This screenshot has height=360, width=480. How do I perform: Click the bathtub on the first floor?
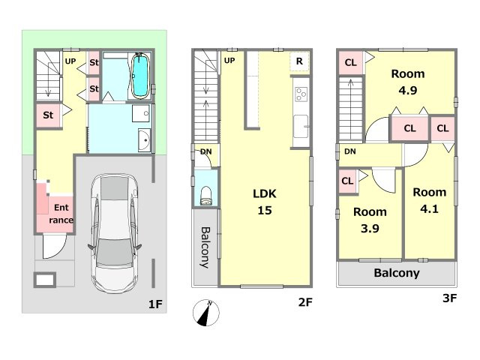coord(140,76)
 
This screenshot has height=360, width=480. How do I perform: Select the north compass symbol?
coord(206,313)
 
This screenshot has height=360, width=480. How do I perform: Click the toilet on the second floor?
coord(206,195)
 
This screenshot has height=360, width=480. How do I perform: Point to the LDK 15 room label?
coord(265,202)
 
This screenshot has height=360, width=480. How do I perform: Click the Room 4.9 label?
coord(408,82)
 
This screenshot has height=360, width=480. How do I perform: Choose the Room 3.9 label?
coord(370,220)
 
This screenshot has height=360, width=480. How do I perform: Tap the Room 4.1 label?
coord(429,200)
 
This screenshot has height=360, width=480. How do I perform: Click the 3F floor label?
coord(450,298)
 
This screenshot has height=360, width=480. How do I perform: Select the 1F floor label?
coord(155,304)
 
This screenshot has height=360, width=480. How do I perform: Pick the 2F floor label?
coord(305,302)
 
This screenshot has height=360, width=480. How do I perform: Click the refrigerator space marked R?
coord(299,61)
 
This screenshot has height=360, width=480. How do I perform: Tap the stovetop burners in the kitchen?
coord(301,94)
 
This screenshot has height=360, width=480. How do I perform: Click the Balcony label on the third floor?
coord(397,273)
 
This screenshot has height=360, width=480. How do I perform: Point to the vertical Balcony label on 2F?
coord(205,247)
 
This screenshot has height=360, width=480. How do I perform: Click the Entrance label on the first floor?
coord(61,214)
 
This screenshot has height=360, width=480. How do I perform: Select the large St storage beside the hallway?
coord(48,115)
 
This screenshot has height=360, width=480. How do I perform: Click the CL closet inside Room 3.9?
coord(348,181)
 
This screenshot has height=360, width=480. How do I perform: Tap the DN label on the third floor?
coord(350,151)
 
